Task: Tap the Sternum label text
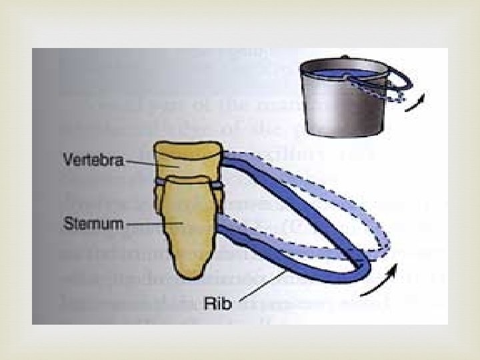[x=93, y=223]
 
